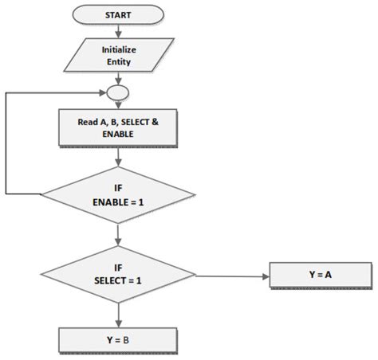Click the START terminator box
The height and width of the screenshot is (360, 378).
click(118, 15)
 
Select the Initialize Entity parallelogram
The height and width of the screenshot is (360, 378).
click(118, 55)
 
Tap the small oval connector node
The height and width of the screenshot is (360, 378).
click(118, 92)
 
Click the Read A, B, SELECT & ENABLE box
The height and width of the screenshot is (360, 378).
click(118, 127)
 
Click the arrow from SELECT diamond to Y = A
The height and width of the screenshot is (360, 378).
click(231, 276)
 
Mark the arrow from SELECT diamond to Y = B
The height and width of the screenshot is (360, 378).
click(118, 315)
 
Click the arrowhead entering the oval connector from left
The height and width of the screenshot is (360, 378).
click(103, 92)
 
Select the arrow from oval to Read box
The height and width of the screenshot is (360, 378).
click(118, 105)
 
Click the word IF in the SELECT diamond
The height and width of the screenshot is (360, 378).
click(118, 269)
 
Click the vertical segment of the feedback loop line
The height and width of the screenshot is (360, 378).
click(6, 143)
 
